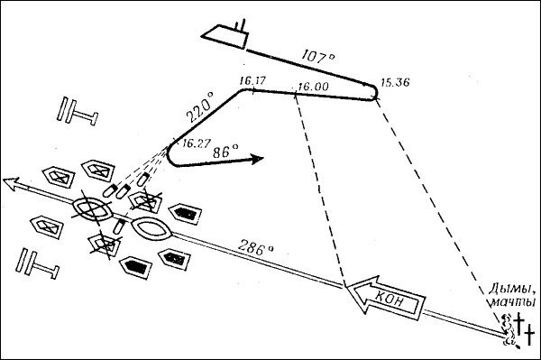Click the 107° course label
pos(318,56)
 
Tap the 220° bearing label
pos(200,107)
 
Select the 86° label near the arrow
pos(225,152)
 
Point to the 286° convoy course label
pos(256,247)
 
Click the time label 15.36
pos(395,82)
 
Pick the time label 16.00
pos(313,87)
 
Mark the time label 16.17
pos(252,81)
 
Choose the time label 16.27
pos(196,143)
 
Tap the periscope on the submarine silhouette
pos(240,25)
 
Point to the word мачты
pos(513,301)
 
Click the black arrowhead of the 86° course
pos(256,159)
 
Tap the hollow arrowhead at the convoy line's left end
pos(11,183)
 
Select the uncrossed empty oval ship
pos(151,228)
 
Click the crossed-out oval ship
pos(93,208)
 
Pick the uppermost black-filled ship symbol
pos(185,214)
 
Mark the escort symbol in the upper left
pos(77,110)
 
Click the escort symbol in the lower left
pos(37,263)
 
